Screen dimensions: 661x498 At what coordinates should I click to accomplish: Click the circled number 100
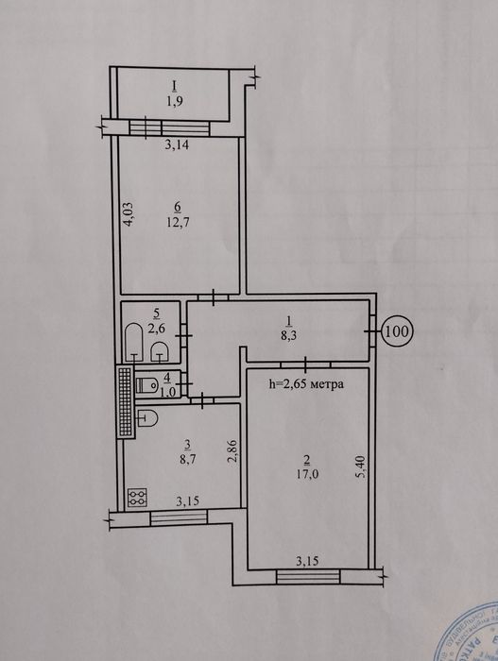point(397,331)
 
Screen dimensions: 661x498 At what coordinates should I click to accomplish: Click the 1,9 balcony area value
point(174,101)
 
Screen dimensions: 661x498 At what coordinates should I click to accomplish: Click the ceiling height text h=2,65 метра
point(306,384)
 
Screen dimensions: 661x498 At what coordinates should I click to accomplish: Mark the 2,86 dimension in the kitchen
point(230,452)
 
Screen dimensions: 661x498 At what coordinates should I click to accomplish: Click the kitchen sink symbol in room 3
point(148,417)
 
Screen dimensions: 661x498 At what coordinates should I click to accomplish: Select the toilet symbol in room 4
point(146,385)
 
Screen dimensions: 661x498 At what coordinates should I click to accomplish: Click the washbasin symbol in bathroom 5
point(160,352)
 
